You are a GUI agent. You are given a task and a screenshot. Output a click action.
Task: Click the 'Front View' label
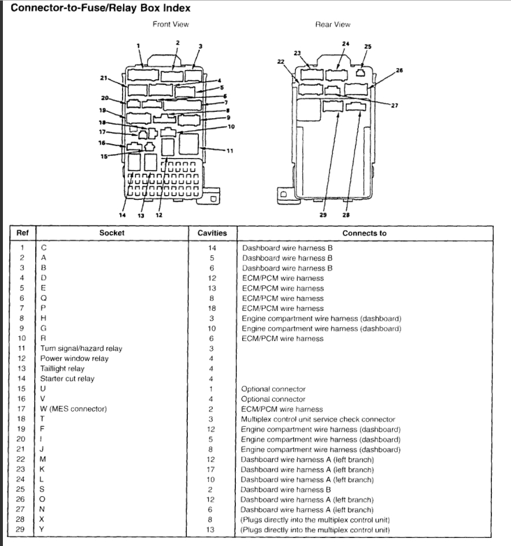(171, 24)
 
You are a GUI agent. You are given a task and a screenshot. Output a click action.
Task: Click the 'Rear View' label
(332, 24)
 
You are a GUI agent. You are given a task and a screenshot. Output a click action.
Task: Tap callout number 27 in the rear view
(394, 105)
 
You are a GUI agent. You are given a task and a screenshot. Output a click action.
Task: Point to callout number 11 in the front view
(229, 151)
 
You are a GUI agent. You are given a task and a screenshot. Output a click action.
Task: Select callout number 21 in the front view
(104, 78)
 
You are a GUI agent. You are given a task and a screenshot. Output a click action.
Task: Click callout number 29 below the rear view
(323, 214)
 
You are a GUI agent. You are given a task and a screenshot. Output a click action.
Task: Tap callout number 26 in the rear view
(399, 70)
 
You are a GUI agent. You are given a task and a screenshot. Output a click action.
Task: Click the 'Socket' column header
(112, 233)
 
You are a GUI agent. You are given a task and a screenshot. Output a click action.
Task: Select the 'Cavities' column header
(212, 233)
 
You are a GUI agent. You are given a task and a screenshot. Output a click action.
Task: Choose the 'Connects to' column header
(364, 233)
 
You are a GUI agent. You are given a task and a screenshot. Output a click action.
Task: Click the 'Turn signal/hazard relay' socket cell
(81, 349)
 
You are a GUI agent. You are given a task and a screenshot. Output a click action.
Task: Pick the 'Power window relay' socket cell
(75, 358)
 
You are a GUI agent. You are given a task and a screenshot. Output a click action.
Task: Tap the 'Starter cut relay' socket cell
(67, 379)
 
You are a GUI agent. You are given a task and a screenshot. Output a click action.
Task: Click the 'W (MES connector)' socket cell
(73, 409)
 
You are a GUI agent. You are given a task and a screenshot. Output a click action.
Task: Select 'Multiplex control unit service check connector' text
(318, 419)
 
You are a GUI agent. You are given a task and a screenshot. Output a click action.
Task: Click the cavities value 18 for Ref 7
(212, 309)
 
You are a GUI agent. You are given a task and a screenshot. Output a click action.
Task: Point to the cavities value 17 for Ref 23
(212, 470)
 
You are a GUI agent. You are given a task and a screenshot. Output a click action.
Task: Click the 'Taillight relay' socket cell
(62, 369)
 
